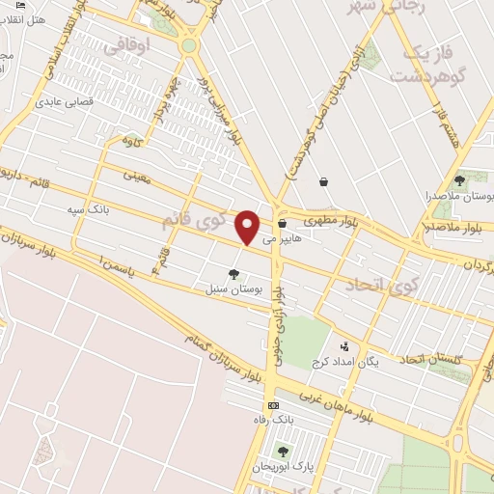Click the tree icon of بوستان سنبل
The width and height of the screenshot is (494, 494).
point(233,274)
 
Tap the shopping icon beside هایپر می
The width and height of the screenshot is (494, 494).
point(282,224)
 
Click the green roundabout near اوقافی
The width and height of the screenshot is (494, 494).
point(189,44)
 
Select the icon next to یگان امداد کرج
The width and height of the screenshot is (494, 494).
point(344,345)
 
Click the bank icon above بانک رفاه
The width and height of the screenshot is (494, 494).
point(273,405)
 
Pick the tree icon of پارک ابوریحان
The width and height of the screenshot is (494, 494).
point(283,451)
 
